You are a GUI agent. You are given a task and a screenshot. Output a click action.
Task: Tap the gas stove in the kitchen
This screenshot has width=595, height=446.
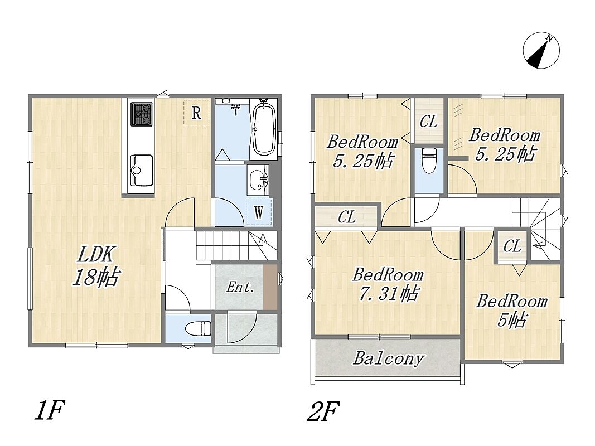(142, 114)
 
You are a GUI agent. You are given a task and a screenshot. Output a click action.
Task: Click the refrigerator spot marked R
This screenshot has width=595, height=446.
(196, 112)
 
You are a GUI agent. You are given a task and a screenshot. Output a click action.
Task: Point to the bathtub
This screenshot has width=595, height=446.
(264, 128)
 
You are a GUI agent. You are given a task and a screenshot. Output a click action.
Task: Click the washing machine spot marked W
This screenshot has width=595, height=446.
(259, 212)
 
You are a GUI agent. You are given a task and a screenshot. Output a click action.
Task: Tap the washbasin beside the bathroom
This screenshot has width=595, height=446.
(258, 180)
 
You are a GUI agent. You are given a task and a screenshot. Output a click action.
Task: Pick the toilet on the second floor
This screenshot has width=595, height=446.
(429, 159)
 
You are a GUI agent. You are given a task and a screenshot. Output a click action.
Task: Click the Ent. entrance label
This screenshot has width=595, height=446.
(240, 287)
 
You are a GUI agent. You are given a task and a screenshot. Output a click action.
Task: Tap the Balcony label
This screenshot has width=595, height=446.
(388, 358)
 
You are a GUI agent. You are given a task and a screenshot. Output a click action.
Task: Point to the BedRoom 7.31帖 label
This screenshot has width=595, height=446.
(388, 284)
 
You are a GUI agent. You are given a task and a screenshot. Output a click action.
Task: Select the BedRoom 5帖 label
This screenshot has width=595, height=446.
(511, 311)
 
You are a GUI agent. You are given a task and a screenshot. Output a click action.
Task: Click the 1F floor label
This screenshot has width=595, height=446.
(50, 411)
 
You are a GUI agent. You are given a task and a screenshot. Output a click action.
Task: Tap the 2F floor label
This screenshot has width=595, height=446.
(322, 411)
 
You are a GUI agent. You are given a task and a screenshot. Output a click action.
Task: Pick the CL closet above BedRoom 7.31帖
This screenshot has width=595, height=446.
(347, 217)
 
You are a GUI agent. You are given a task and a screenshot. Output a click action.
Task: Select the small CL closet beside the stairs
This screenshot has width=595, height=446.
(512, 246)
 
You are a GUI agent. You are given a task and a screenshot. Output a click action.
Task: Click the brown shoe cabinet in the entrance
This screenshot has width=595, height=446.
(270, 287)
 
